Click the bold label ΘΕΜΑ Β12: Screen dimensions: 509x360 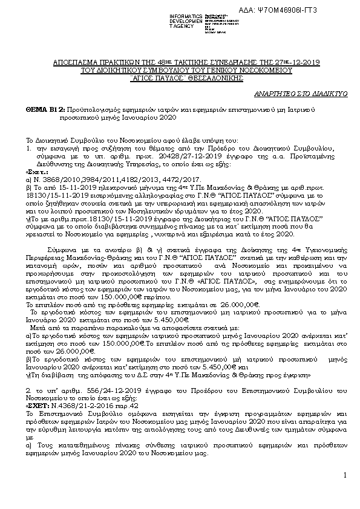pos(45,105)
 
